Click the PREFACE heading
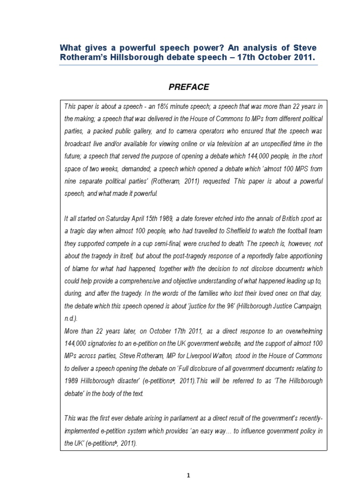tap(188, 87)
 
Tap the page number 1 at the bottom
tap(188, 475)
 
